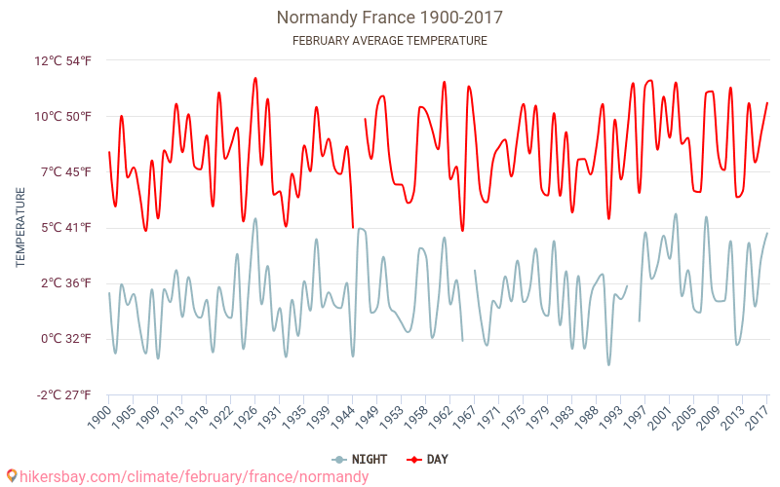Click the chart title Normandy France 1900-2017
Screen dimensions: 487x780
pos(390,18)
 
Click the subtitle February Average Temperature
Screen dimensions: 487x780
pos(390,41)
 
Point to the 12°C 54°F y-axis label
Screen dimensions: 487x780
pos(63,60)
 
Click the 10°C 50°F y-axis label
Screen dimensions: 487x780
pos(63,117)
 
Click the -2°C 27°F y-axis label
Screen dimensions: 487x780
pos(63,394)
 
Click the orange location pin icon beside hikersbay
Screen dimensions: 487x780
pos(11,476)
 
